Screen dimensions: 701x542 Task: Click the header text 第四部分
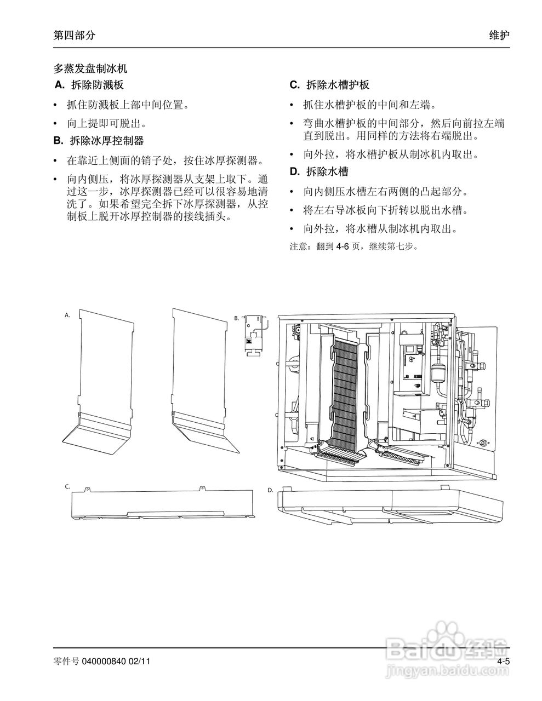(x=74, y=35)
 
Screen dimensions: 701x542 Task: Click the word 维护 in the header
(x=499, y=35)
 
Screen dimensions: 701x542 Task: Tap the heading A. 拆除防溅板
(x=90, y=85)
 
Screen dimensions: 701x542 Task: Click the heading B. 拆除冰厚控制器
(x=99, y=141)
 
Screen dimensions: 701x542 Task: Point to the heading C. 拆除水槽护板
(x=329, y=85)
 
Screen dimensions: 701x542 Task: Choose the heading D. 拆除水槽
(x=319, y=172)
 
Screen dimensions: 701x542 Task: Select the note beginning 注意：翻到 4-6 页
(x=353, y=246)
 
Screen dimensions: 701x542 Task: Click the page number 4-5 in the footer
(x=503, y=662)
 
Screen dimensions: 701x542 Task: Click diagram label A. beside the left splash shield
(x=67, y=315)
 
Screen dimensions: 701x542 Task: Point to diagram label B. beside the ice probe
(x=237, y=318)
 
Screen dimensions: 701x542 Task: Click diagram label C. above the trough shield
(x=67, y=486)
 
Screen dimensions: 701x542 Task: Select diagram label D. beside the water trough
(x=270, y=490)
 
